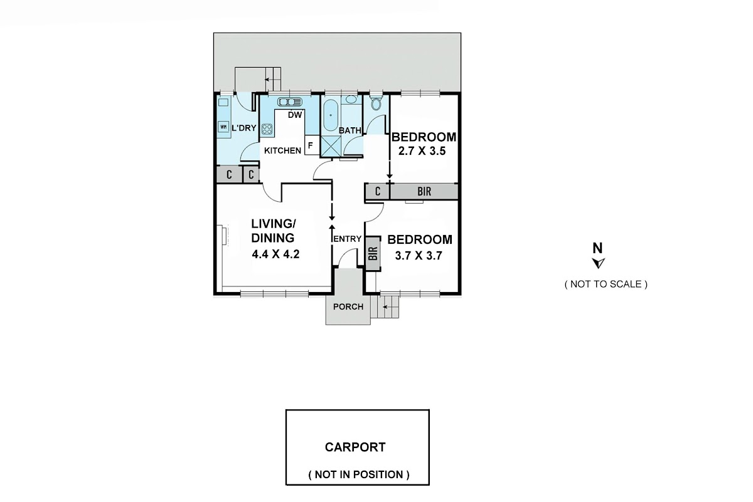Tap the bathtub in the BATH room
click(x=331, y=115)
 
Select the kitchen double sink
click(x=289, y=102)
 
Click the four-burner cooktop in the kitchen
click(x=267, y=129)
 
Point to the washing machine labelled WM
click(x=223, y=127)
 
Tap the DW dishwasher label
click(x=295, y=115)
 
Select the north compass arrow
click(x=599, y=263)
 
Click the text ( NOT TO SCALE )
click(x=606, y=284)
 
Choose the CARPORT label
click(x=355, y=447)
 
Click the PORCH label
click(x=348, y=306)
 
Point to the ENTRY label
click(x=347, y=239)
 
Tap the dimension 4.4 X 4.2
click(x=275, y=254)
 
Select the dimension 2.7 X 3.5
click(x=422, y=151)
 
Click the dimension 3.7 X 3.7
click(x=419, y=256)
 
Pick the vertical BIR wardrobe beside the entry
click(x=373, y=254)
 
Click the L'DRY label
click(x=244, y=128)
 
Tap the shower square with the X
click(x=331, y=147)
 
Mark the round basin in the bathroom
click(x=351, y=100)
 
